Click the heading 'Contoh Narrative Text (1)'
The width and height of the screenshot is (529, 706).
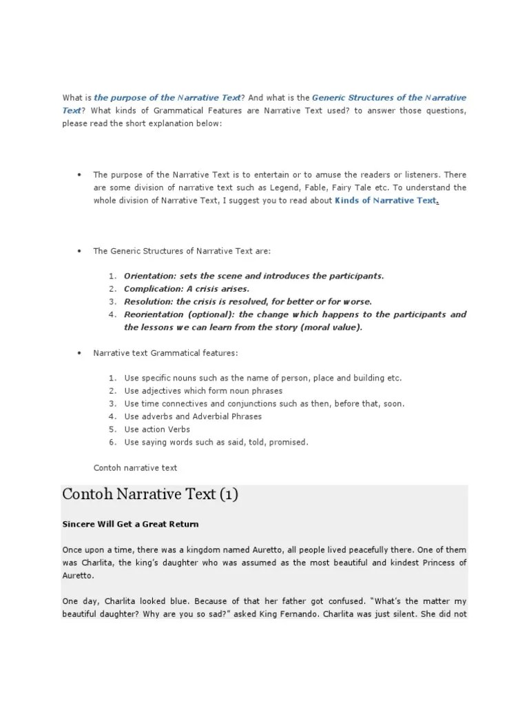pos(150,495)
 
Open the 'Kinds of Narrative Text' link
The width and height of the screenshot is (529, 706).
pos(386,201)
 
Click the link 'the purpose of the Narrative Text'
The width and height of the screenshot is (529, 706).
pos(167,98)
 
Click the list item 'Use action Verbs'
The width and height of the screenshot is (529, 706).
pos(157,430)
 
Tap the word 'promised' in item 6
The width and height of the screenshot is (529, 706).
pos(289,442)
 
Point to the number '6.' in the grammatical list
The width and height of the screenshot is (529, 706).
pos(112,442)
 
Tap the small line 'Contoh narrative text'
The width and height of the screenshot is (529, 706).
pos(135,468)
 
